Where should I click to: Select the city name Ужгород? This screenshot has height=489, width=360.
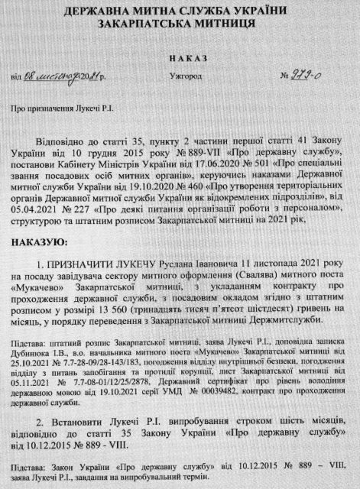pyautogui.click(x=180, y=77)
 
